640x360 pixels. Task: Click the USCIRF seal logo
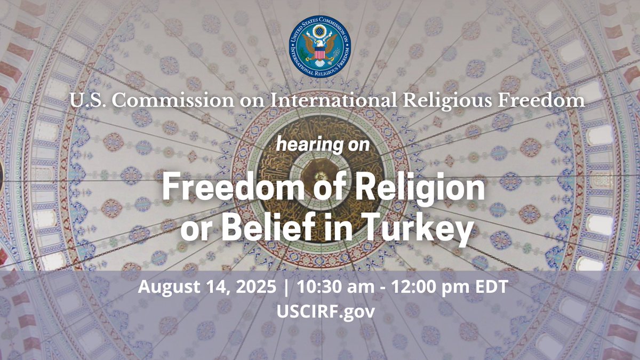320,47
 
